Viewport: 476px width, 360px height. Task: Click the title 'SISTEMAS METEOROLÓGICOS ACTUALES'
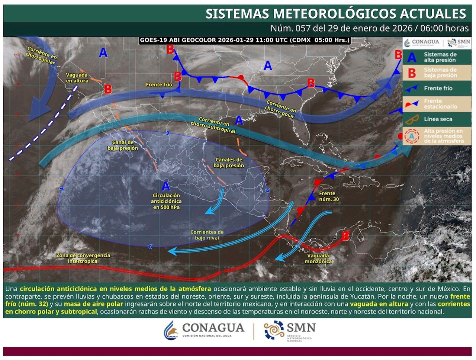point(336,14)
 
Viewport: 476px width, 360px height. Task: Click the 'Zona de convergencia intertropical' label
point(83,258)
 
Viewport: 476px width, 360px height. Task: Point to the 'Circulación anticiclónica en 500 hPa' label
point(166,201)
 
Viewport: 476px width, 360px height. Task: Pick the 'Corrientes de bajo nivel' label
point(207,235)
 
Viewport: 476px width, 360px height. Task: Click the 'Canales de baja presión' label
point(229,163)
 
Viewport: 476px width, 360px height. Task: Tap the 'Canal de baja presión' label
point(123,145)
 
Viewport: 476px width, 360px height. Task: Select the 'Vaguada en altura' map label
point(77,78)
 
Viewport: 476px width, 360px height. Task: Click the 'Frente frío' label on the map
point(159,85)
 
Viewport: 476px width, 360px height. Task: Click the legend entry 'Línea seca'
point(438,119)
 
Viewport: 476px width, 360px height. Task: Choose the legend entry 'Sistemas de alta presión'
point(440,57)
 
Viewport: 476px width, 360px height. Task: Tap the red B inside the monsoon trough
point(345,236)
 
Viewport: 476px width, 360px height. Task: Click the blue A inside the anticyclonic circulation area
point(166,186)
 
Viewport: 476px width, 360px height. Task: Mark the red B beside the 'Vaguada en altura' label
point(108,89)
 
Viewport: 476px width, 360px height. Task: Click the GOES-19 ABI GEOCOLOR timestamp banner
point(245,40)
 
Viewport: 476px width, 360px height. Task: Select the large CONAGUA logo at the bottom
point(205,329)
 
